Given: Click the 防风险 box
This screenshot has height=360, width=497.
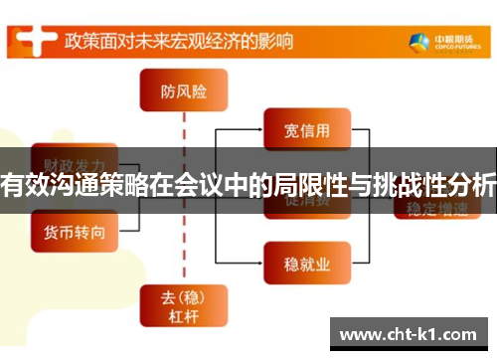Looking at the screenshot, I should (x=184, y=92).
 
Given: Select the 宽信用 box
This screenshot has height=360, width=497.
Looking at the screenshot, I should (x=305, y=128).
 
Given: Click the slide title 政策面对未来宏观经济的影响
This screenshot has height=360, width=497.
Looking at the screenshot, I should (x=180, y=41).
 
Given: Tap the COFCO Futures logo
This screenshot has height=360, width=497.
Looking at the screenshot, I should (x=440, y=42).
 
